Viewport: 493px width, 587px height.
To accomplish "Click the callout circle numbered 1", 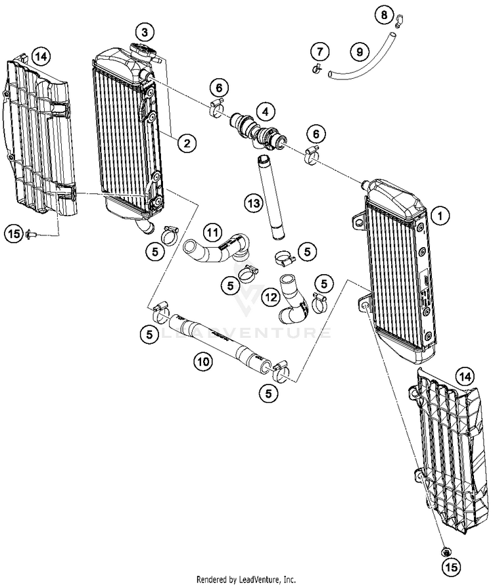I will [440, 214].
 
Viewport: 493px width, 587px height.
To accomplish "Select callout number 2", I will [187, 141].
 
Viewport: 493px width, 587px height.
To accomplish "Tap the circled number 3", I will [146, 31].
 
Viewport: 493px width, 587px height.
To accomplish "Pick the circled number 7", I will [319, 51].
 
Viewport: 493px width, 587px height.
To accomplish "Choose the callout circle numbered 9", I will [359, 51].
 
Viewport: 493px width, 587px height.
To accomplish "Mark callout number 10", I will [203, 360].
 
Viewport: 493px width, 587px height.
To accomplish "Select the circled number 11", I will [212, 231].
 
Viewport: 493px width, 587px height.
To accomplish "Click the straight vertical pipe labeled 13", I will [276, 197].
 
